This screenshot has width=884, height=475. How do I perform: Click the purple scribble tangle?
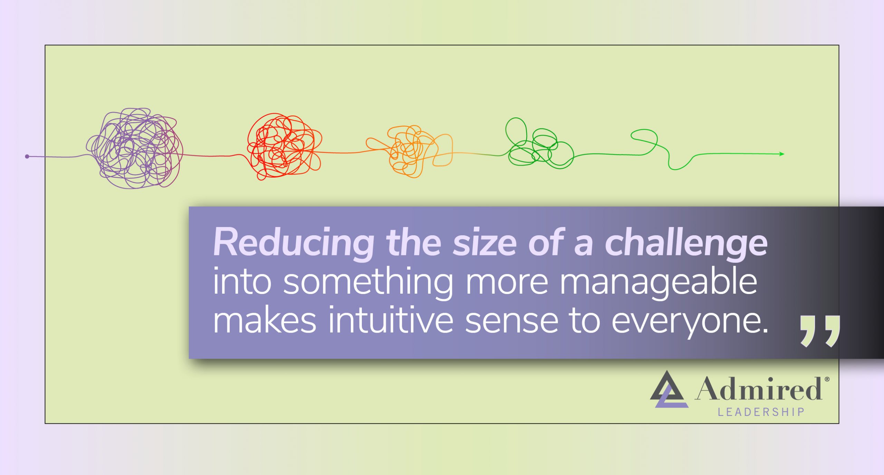click(x=135, y=149)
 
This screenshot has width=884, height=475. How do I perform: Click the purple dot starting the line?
click(x=27, y=156)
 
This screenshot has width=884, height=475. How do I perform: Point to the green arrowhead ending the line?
click(x=782, y=154)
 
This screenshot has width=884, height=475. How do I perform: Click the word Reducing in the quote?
click(x=294, y=243)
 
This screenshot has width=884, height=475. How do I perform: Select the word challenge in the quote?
click(x=686, y=243)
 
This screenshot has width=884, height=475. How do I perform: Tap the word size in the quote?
click(x=484, y=243)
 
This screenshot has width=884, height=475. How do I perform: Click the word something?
click(x=368, y=283)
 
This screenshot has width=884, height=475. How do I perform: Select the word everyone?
click(x=690, y=322)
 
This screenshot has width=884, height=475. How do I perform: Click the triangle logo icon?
click(x=669, y=389)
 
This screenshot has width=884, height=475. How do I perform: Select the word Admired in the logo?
click(x=758, y=388)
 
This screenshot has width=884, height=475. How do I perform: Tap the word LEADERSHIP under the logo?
click(x=761, y=412)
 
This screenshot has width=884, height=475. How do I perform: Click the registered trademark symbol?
click(x=827, y=379)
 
